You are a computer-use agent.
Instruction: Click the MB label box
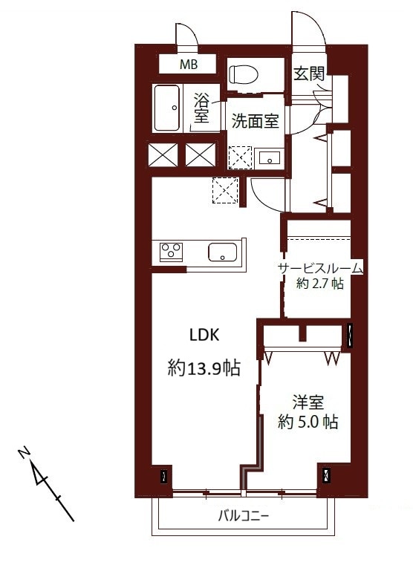pos(188,65)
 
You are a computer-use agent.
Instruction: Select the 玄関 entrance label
pos(308,74)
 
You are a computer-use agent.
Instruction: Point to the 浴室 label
pos(201,109)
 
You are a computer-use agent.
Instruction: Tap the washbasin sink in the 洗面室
pos(268,157)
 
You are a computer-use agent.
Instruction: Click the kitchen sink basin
pos(223,252)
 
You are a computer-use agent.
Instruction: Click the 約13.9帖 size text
pos(204,368)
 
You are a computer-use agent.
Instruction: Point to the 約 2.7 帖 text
pos(320,284)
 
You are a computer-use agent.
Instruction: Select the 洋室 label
pos(307,404)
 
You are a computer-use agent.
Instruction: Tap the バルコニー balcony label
pos(244,515)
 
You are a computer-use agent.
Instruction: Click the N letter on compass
pos(25,452)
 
